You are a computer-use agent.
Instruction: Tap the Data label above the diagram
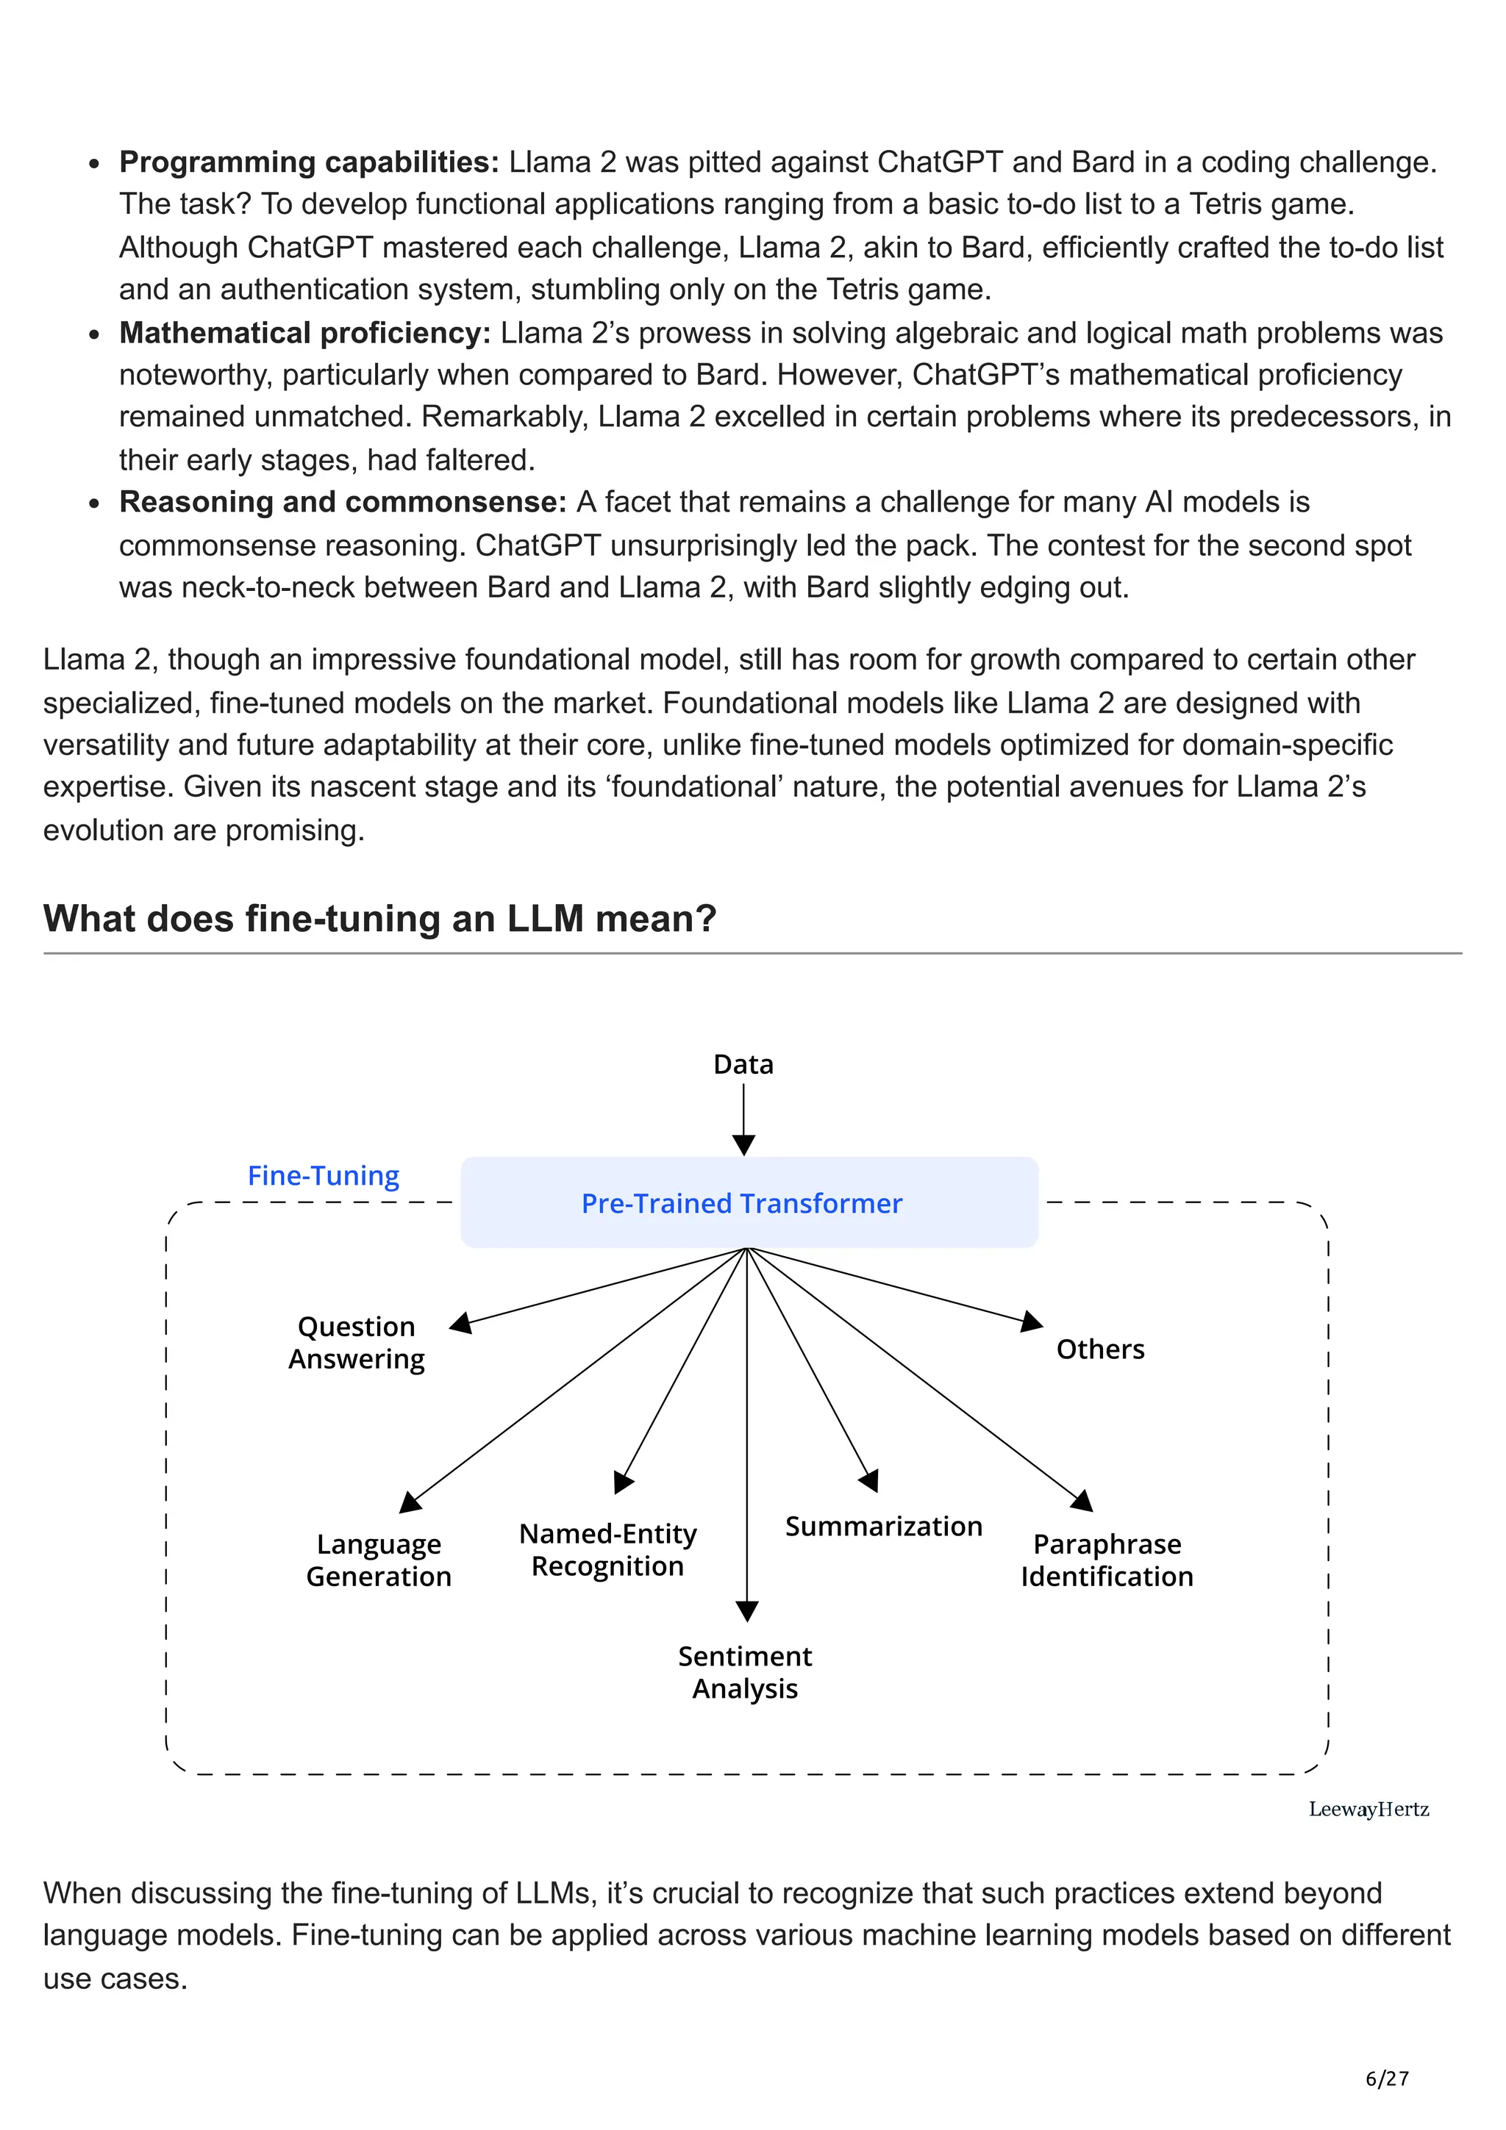pos(743,1064)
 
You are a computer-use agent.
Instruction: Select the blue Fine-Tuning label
pos(323,1175)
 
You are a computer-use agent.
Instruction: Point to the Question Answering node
pos(357,1342)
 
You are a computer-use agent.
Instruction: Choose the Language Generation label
pos(379,1560)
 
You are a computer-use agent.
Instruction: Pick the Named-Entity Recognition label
pos(608,1549)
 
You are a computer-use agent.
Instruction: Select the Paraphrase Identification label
pos(1107,1560)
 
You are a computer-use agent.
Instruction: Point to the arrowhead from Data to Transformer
pos(743,1145)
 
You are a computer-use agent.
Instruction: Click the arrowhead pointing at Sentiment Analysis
pos(747,1611)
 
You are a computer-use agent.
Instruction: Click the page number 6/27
pos(1386,2079)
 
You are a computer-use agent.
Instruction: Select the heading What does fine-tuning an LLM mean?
pos(379,919)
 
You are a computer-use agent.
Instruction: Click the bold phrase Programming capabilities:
pos(309,162)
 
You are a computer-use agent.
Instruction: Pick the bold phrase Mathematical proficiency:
pos(304,333)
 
